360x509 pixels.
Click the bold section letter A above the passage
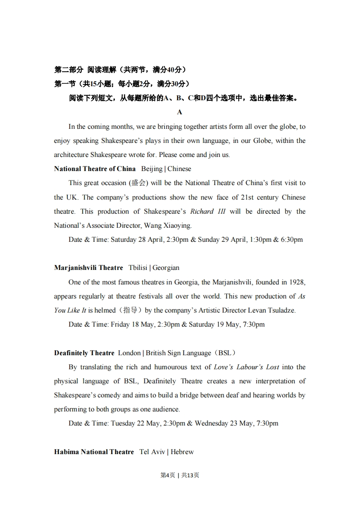pyautogui.click(x=180, y=112)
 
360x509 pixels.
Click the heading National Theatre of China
pyautogui.click(x=94, y=169)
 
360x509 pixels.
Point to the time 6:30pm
pyautogui.click(x=292, y=240)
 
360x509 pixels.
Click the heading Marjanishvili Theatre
pyautogui.click(x=89, y=268)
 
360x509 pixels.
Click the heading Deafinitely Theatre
pyautogui.click(x=84, y=353)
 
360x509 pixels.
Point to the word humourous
pyautogui.click(x=175, y=367)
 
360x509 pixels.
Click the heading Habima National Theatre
pyautogui.click(x=94, y=452)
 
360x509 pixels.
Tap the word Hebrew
pyautogui.click(x=182, y=452)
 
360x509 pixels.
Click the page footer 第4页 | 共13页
pyautogui.click(x=180, y=475)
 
